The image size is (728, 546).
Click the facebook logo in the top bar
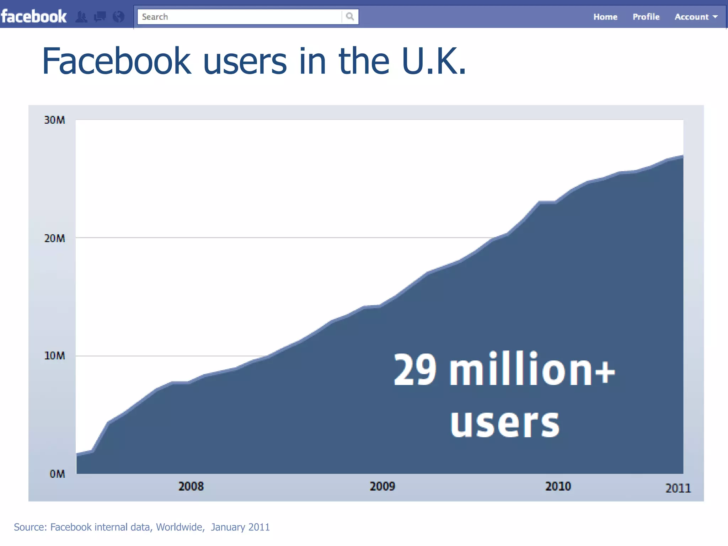[34, 17]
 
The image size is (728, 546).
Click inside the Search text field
[238, 17]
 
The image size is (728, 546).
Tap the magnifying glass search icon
[350, 16]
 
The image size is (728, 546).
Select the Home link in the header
[605, 17]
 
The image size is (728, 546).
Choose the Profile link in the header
[646, 17]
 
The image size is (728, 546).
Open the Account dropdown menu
[696, 17]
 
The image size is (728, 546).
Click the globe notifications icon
[118, 17]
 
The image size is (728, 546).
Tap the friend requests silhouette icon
[82, 17]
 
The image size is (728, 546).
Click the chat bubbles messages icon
[100, 17]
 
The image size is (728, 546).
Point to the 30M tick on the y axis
[55, 120]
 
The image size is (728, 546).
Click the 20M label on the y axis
[55, 238]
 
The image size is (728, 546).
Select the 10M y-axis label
[55, 356]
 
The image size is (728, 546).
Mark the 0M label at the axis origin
[57, 474]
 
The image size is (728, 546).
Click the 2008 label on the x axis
[191, 486]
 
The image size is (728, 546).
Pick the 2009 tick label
[382, 486]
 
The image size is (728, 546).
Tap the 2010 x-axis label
[558, 486]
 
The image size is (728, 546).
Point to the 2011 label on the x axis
[678, 488]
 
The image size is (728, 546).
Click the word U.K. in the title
[434, 61]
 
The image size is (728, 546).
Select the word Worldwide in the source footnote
[180, 527]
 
